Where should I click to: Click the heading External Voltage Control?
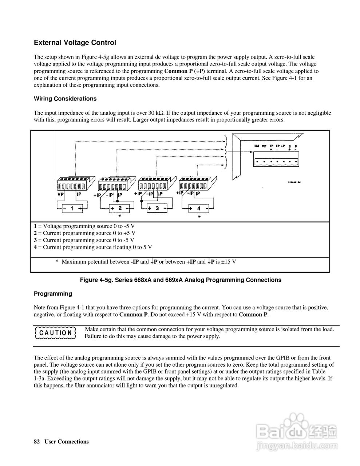75,43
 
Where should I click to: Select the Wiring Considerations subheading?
65,99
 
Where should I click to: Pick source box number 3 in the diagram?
157,208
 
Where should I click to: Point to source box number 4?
198,209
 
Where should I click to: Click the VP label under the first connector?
61,195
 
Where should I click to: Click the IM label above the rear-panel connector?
256,146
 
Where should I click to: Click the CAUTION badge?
56,333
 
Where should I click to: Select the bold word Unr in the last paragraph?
79,386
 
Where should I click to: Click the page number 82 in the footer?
36,442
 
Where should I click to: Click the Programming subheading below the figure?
53,294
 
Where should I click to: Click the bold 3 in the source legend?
35,240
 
